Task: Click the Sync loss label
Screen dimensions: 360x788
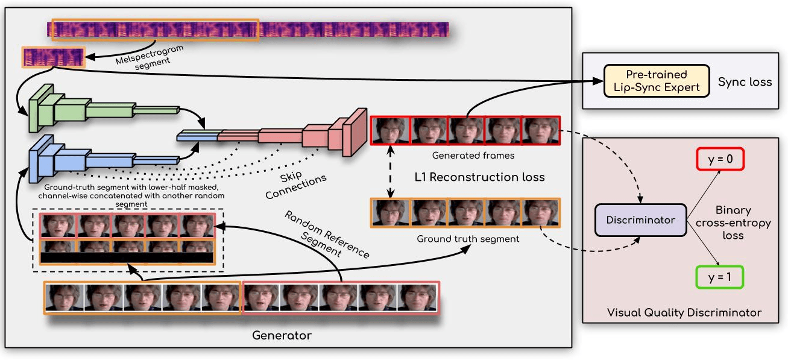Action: coord(745,81)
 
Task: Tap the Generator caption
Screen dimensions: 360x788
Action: coord(282,335)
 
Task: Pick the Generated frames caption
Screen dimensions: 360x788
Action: coord(465,156)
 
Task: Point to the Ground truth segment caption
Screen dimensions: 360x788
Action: coord(468,239)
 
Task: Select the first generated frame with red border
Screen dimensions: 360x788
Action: coord(389,131)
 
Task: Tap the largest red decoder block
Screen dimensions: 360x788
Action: coord(355,131)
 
